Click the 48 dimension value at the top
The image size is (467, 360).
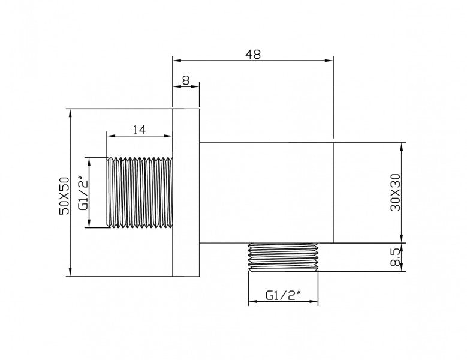pyautogui.click(x=253, y=53)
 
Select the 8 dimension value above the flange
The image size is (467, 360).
pyautogui.click(x=185, y=79)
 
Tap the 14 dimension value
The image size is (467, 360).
pyautogui.click(x=139, y=129)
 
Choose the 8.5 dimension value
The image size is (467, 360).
pyautogui.click(x=394, y=257)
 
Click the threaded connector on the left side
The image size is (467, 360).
pyautogui.click(x=140, y=193)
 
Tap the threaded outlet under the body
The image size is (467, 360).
pyautogui.click(x=282, y=257)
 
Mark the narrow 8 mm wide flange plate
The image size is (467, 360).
pyautogui.click(x=186, y=193)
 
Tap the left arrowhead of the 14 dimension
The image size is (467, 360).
pyautogui.click(x=110, y=136)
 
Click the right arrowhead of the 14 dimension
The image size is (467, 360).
pyautogui.click(x=169, y=136)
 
